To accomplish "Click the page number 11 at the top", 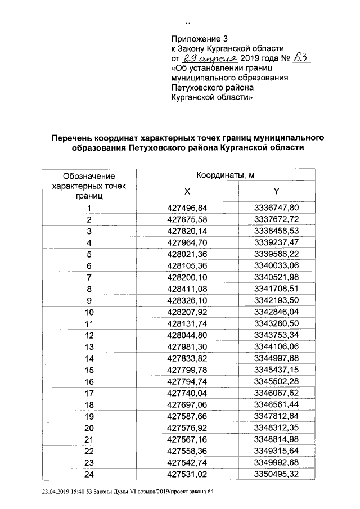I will coord(188,25).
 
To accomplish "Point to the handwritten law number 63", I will coord(299,58).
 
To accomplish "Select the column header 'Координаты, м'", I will coord(226,175).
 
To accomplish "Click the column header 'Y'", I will coord(276,191).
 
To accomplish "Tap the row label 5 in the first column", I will coord(89,254).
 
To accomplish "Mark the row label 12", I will coord(89,335).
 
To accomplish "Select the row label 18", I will coord(89,404).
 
